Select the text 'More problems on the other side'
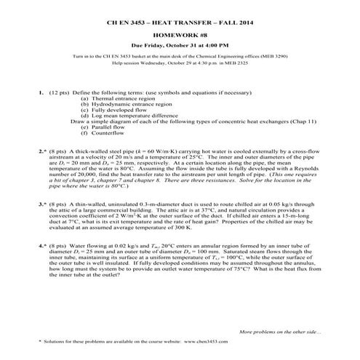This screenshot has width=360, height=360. tap(281, 332)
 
